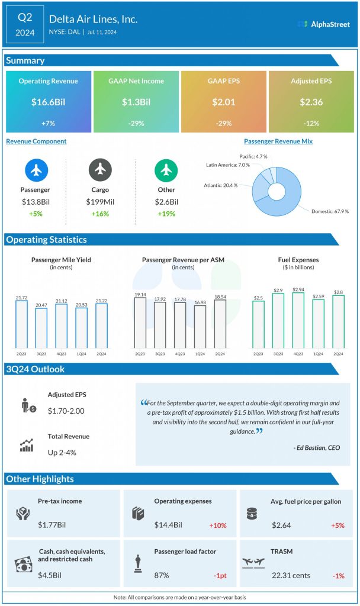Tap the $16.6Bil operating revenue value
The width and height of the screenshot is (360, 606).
point(49,102)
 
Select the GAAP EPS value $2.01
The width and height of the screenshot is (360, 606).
point(224,102)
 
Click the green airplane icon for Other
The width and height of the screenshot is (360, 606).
point(166,170)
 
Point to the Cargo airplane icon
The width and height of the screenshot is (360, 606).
point(100,170)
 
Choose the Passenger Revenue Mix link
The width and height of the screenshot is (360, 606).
point(278,141)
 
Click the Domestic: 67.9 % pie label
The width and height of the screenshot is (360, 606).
point(330,211)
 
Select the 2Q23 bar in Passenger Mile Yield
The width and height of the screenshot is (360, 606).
point(21,324)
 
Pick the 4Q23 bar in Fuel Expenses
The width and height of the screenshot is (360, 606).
point(298,320)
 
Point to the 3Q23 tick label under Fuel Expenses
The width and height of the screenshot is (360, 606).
point(278,354)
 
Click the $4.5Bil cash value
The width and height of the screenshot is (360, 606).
point(50,575)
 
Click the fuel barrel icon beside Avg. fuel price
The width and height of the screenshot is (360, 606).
point(251,513)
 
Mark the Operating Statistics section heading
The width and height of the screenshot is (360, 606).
point(46,240)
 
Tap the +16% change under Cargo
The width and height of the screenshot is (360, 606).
point(100,214)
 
